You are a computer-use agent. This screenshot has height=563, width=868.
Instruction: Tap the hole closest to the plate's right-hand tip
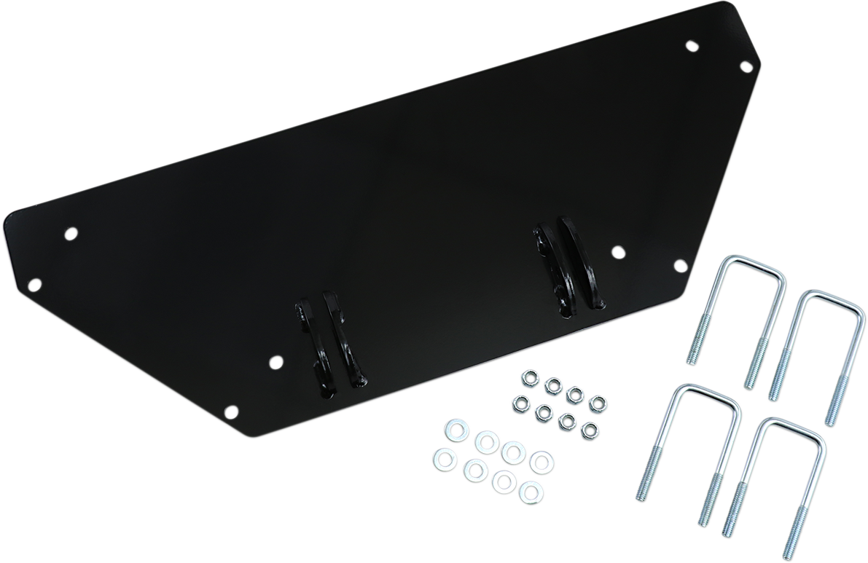746,67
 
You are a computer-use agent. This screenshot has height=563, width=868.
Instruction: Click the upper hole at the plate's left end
71,235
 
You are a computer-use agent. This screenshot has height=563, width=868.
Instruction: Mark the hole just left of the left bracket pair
275,361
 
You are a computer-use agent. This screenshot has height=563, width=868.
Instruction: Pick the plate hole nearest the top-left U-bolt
680,266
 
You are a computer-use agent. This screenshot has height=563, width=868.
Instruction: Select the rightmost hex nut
598,403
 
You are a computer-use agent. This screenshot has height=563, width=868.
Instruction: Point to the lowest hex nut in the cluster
588,430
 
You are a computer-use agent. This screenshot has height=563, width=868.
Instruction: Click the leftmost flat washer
442,457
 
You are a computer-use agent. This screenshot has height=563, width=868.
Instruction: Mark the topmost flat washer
450,428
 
